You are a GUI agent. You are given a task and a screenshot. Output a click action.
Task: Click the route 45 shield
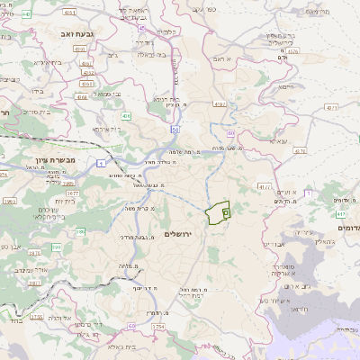(x=141, y=29)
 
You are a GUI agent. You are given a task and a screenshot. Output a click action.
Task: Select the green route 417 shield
(x=339, y=215)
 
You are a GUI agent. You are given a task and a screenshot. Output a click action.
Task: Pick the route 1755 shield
(x=37, y=317)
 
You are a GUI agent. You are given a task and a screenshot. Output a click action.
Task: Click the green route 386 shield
(x=78, y=232)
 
